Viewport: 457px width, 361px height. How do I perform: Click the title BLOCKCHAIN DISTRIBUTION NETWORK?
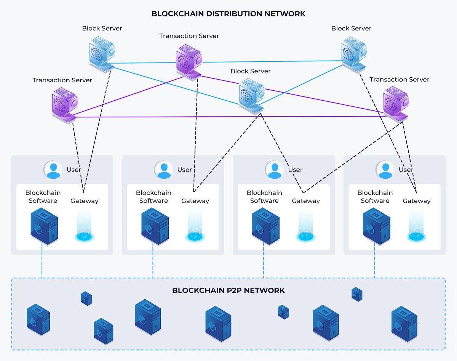pyautogui.click(x=228, y=14)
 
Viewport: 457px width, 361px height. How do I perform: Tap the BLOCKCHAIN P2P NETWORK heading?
pyautogui.click(x=228, y=290)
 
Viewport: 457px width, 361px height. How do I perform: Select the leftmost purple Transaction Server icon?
pyautogui.click(x=65, y=104)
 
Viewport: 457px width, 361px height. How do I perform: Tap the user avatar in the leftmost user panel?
pyautogui.click(x=53, y=170)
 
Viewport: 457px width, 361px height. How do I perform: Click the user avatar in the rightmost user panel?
pyautogui.click(x=385, y=170)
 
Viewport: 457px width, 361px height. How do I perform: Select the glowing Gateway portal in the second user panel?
pyautogui.click(x=195, y=227)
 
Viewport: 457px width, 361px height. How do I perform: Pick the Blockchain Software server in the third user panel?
pyautogui.click(x=265, y=225)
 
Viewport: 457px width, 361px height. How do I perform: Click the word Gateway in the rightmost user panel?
pyautogui.click(x=417, y=201)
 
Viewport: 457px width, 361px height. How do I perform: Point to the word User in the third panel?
pyautogui.click(x=295, y=170)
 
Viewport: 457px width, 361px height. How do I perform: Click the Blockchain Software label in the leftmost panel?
pyautogui.click(x=43, y=197)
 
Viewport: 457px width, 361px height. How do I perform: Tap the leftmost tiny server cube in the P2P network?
pyautogui.click(x=86, y=298)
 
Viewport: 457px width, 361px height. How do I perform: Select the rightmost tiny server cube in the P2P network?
pyautogui.click(x=357, y=294)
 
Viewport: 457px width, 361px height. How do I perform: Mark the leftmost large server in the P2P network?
pyautogui.click(x=38, y=319)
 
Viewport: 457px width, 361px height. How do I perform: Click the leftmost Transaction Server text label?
pyautogui.click(x=62, y=80)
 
